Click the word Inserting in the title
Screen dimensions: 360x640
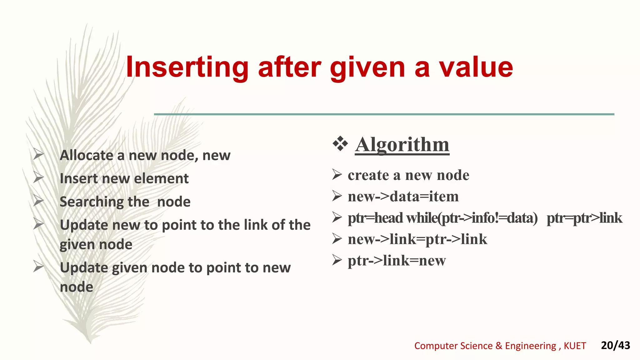(x=187, y=67)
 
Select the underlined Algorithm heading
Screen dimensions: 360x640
(x=402, y=145)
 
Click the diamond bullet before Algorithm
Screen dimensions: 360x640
(x=340, y=144)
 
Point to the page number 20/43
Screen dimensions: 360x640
(x=615, y=345)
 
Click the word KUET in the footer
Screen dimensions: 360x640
(x=575, y=346)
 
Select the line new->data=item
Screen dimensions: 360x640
(x=403, y=197)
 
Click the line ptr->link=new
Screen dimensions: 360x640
(x=397, y=261)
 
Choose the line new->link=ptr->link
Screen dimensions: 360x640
(x=417, y=239)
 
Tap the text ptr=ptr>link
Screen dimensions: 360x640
(x=584, y=218)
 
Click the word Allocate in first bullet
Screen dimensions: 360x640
(x=87, y=155)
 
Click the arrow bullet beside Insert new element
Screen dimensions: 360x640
(x=38, y=177)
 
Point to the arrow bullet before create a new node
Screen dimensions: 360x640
(x=337, y=174)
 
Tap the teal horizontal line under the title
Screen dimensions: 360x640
(x=384, y=114)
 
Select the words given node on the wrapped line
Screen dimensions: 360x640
(x=96, y=244)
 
